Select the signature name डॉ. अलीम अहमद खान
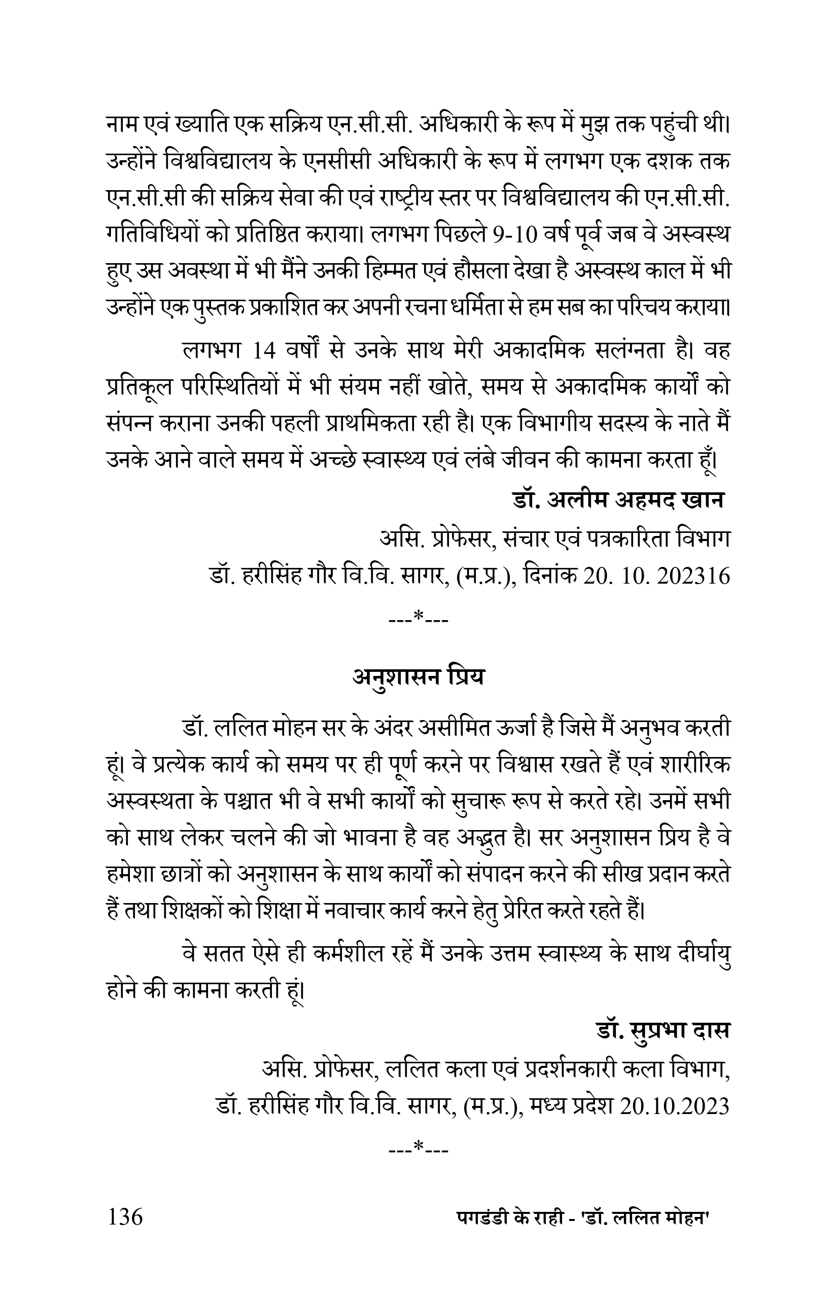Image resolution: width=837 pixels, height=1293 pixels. point(618,499)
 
